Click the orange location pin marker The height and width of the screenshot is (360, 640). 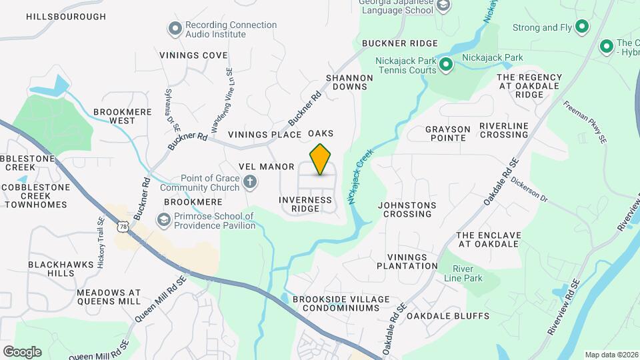click(x=320, y=159)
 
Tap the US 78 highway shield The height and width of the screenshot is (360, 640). click(x=122, y=227)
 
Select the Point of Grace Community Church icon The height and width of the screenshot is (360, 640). click(x=250, y=181)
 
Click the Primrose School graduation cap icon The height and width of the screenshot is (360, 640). click(x=163, y=219)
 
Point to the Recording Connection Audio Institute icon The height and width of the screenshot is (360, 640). click(x=175, y=28)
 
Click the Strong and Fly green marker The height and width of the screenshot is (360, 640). click(x=581, y=27)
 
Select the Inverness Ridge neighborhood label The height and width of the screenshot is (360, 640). click(x=305, y=204)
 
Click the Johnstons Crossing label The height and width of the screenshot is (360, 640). click(x=407, y=209)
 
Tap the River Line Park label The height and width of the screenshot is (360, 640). click(x=467, y=273)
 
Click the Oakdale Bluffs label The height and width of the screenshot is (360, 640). click(x=448, y=316)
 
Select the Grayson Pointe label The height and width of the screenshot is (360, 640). click(x=448, y=133)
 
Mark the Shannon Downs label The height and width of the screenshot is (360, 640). click(x=349, y=82)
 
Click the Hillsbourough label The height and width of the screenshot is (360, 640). click(x=66, y=17)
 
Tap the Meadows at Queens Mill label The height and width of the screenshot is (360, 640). click(x=109, y=297)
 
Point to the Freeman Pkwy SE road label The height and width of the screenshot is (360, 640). click(x=585, y=122)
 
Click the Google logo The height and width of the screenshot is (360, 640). click(x=22, y=351)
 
